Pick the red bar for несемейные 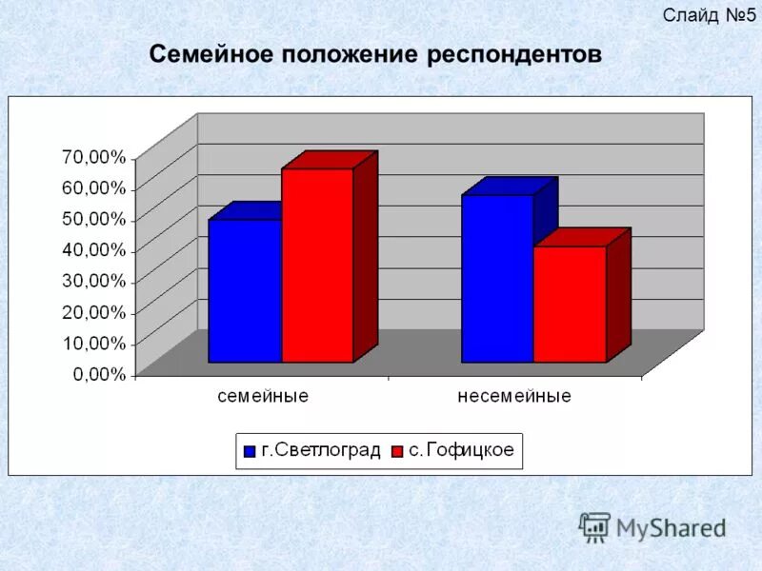click(x=570, y=304)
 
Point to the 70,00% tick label click(x=92, y=156)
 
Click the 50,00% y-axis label click(x=92, y=219)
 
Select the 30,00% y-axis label click(x=92, y=281)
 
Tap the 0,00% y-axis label click(x=99, y=374)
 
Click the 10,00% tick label click(x=92, y=343)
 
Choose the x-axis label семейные click(x=263, y=396)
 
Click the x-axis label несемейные click(x=514, y=396)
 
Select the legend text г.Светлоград click(x=320, y=451)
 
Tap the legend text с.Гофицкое click(x=461, y=451)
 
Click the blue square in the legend click(x=250, y=452)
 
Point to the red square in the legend click(x=397, y=452)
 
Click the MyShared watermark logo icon click(x=594, y=526)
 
